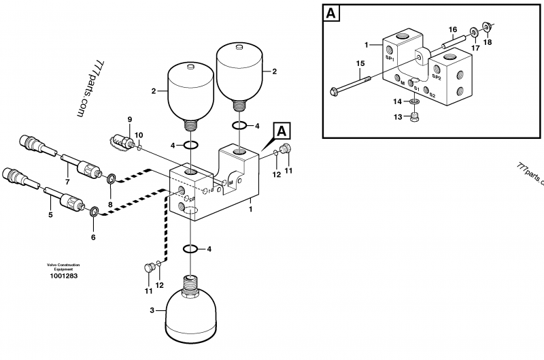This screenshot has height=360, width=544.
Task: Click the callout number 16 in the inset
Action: coord(452,29)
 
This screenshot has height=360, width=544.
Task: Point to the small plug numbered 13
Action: coord(415,117)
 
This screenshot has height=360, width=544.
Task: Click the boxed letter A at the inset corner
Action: coord(331,14)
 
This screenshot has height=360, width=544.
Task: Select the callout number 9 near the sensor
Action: coord(129,120)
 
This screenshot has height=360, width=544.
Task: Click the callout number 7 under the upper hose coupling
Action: coord(67,182)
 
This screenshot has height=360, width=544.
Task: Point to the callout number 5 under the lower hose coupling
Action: coord(50,215)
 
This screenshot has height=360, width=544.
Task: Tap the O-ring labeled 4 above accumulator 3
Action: coord(192,248)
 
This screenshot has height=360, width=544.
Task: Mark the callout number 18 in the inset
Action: coord(486,42)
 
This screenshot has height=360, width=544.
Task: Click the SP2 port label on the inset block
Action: coord(437,78)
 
